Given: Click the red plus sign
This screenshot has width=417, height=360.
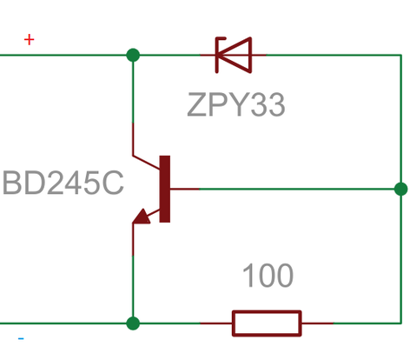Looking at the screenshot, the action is pos(29,39).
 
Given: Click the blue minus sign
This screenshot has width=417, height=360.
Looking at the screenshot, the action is pos(21,338).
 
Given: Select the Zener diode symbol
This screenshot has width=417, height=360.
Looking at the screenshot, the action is pos(234,55).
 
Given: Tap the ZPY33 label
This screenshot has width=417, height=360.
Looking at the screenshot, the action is pos(236,104).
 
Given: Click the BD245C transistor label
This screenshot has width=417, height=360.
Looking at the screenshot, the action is pos(63,183).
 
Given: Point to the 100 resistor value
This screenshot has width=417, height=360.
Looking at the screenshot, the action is pos(268,276).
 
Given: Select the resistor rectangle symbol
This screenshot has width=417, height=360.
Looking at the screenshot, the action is pos(267,323).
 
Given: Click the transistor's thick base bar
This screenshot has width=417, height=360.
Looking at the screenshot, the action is pos(165,189).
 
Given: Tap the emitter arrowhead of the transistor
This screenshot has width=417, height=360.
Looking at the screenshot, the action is pos(142,217).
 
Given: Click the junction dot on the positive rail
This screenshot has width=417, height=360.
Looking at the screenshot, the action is pos(133,55).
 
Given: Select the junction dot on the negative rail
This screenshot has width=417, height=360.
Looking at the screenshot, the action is pos(133,323).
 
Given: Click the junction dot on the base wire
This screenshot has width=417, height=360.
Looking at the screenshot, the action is pos(401,189).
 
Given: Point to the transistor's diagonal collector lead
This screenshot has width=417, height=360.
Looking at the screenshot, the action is pos(146,163).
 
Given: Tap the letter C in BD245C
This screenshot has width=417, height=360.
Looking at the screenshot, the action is pos(113,183).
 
